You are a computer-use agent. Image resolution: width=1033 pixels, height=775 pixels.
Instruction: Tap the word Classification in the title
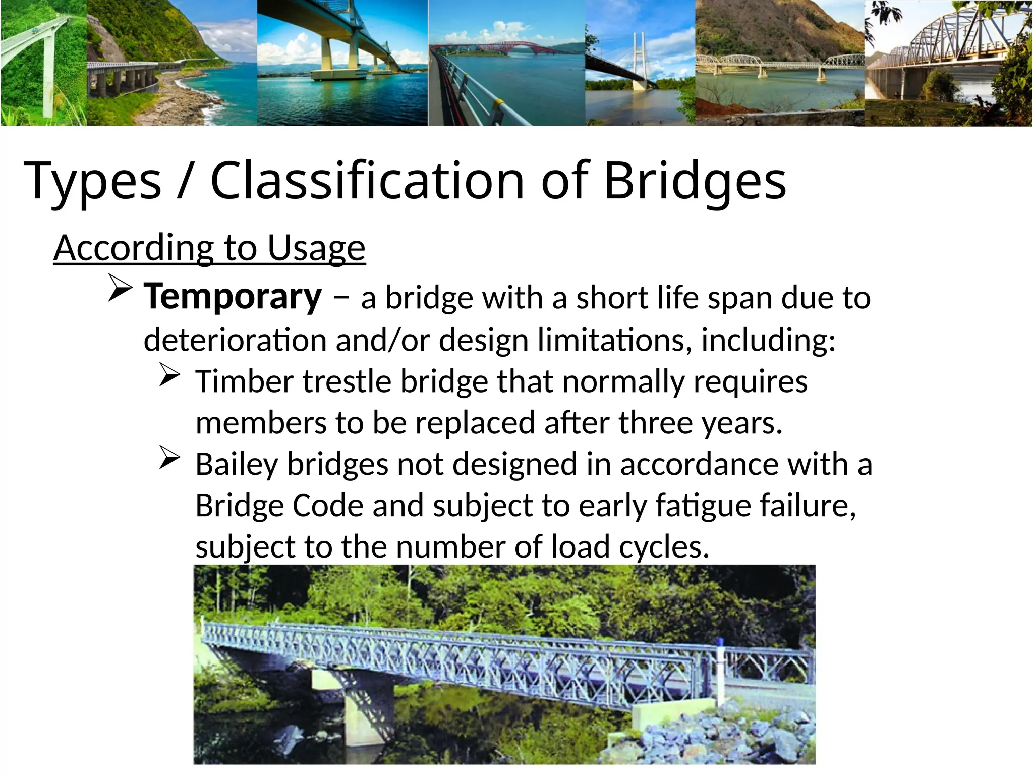(x=367, y=181)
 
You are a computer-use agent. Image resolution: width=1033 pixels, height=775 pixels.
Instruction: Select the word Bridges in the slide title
(x=695, y=181)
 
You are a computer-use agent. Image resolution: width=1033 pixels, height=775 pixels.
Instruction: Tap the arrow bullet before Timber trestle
(x=169, y=376)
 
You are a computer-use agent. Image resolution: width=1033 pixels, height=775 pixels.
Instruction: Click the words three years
(x=700, y=423)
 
